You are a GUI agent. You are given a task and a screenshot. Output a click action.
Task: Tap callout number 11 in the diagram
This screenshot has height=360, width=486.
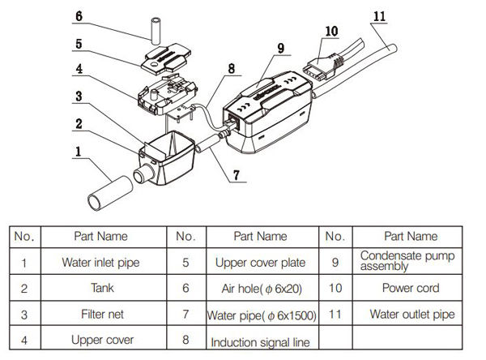[x=381, y=15]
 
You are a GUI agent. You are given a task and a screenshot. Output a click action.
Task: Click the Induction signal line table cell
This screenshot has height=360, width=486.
[x=260, y=341]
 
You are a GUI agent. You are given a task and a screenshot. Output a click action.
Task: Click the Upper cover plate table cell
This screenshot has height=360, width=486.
[x=260, y=262]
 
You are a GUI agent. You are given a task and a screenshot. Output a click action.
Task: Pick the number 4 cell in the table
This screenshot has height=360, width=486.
[x=25, y=340]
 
